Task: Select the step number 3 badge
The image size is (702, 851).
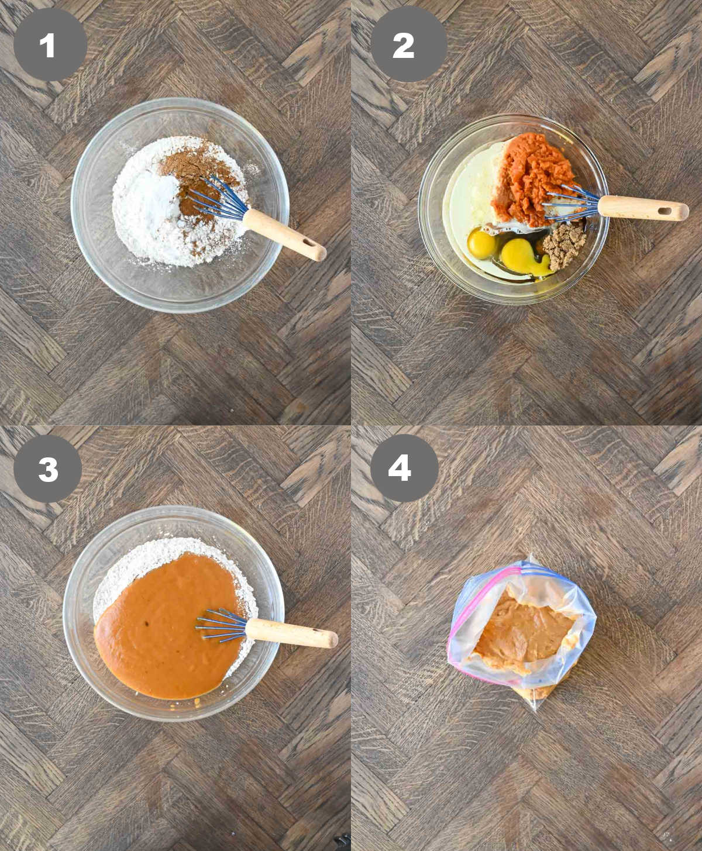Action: pyautogui.click(x=48, y=468)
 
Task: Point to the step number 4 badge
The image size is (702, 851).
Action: pyautogui.click(x=404, y=468)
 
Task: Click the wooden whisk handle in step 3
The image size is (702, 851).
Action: pyautogui.click(x=292, y=634)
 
